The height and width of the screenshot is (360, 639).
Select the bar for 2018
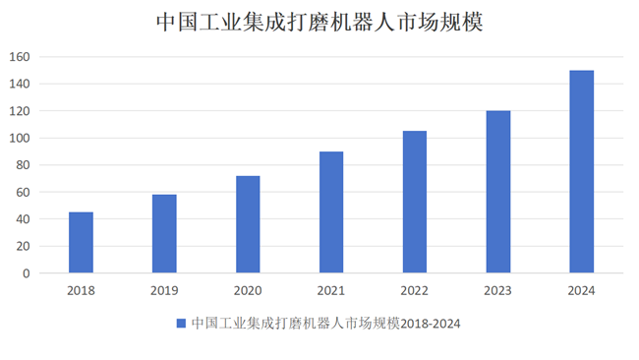point(81,243)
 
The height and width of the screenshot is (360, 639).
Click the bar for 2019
point(164,234)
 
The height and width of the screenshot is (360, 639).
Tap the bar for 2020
point(248,224)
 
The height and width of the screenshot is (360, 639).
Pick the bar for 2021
point(331,212)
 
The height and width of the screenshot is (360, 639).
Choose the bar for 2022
point(415,203)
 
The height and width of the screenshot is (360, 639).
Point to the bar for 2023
point(498,192)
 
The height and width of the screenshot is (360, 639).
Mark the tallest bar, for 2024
point(582,172)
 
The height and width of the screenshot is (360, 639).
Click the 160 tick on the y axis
point(20,57)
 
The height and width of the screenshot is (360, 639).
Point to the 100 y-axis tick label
point(20,139)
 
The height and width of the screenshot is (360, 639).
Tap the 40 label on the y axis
point(23,219)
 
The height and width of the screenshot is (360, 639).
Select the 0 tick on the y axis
point(27,273)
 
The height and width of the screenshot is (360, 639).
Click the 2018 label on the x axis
point(81,290)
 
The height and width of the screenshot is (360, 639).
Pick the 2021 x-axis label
point(331,290)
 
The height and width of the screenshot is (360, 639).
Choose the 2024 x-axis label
point(582,290)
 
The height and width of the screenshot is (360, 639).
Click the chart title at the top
point(319,21)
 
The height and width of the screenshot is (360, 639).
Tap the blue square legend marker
point(181,323)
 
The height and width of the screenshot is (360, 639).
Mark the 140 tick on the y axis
point(20,85)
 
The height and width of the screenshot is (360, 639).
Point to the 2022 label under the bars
point(415,290)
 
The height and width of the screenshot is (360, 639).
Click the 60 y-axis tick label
point(23,193)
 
